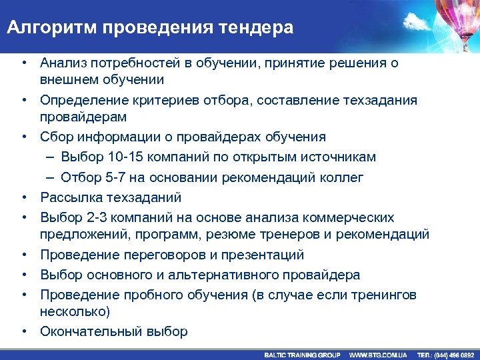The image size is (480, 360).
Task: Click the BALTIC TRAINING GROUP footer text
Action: [x=302, y=355]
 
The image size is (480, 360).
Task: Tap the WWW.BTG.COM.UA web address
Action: [x=379, y=355]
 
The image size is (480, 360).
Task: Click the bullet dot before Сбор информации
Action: [x=23, y=137]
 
